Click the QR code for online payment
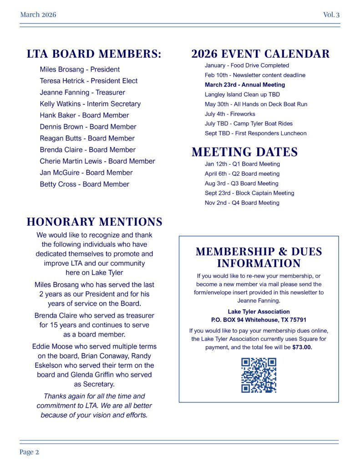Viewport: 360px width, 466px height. pos(259,375)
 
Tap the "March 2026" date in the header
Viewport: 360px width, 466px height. pos(38,15)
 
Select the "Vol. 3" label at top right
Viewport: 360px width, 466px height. pos(331,15)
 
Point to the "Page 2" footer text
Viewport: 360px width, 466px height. pos(29,452)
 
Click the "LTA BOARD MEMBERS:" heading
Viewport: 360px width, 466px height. pos(94,54)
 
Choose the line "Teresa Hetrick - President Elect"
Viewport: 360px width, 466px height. pos(88,81)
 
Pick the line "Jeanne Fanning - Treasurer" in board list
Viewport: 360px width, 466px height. pos(82,92)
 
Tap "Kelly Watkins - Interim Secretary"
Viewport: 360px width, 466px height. pos(90,104)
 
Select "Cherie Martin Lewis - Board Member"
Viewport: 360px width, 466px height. pos(97,161)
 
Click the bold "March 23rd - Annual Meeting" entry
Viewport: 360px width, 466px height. pos(245,85)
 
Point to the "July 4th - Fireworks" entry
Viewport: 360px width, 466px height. pos(230,114)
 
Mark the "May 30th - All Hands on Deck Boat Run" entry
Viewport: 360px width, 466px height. pos(256,104)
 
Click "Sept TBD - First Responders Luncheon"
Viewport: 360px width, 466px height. pos(255,133)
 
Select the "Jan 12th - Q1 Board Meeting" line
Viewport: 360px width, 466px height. pos(242,164)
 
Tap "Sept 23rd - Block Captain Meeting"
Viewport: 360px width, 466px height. pos(249,193)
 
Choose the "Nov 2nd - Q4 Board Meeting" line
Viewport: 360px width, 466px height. pos(242,203)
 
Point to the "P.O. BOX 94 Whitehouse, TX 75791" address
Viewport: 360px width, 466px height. pos(259,320)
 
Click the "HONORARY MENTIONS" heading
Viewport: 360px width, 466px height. pos(94,222)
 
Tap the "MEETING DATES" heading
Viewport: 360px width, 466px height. pos(244,152)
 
